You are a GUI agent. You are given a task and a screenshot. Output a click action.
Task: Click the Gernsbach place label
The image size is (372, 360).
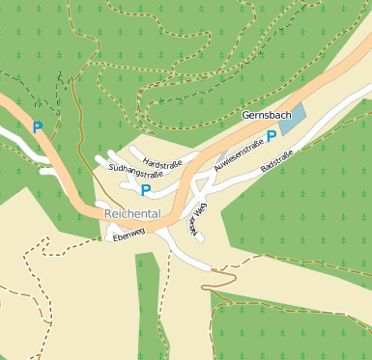tap(266, 116)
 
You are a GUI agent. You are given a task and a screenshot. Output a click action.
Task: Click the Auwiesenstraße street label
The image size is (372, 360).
tap(239, 158)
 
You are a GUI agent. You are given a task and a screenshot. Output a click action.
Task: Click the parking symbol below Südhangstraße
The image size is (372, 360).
tap(145, 191)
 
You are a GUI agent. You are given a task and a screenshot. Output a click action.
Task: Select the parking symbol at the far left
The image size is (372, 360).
tap(38, 126)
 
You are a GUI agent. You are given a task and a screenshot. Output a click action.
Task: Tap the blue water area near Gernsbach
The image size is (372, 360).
tap(293, 122)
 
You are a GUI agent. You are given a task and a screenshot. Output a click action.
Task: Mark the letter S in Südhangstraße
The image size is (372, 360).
tap(112, 166)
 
